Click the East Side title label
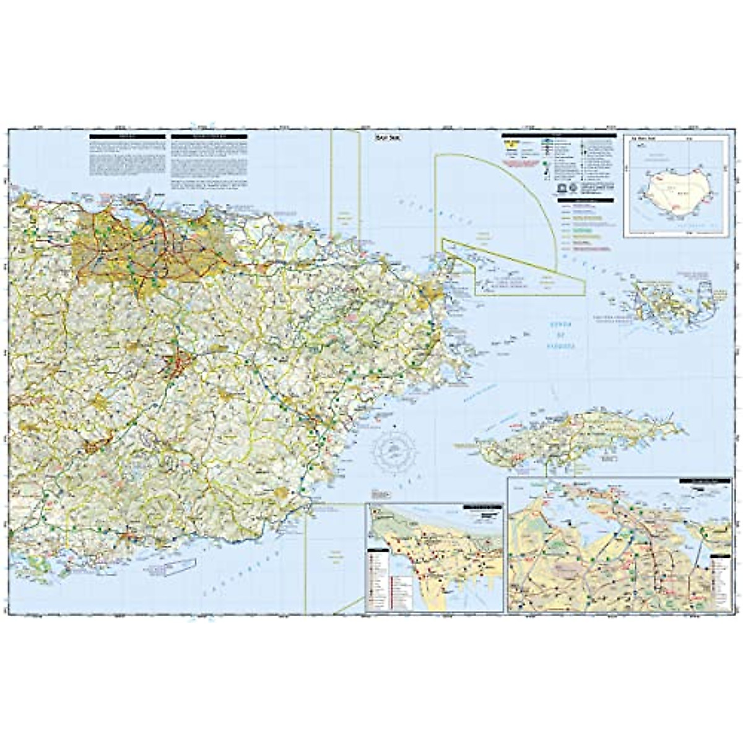pyautogui.click(x=388, y=138)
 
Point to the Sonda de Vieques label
pyautogui.click(x=561, y=335)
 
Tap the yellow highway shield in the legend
pyautogui.click(x=509, y=144)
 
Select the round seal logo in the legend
pyautogui.click(x=573, y=188)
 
